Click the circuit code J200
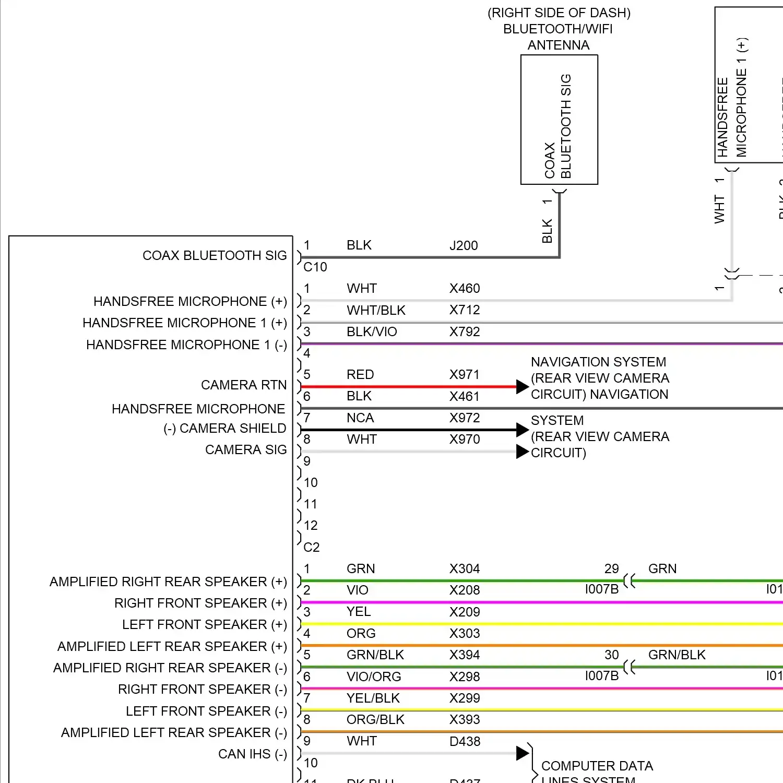point(464,245)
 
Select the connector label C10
point(315,267)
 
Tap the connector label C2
point(312,547)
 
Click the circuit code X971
point(465,374)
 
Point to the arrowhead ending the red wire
point(523,387)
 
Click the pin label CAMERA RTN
point(244,385)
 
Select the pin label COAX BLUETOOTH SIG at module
point(215,255)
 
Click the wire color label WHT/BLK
point(376,310)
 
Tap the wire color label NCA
point(360,418)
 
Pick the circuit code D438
point(465,741)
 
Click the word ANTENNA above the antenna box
point(559,45)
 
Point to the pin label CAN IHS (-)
point(253,754)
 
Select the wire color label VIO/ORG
point(374,677)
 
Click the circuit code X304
point(465,568)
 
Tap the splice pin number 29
point(611,568)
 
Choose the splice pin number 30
point(611,655)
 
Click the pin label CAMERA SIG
point(246,450)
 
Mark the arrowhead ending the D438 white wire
point(523,753)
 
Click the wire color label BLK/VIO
point(372,331)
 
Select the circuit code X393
point(465,719)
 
